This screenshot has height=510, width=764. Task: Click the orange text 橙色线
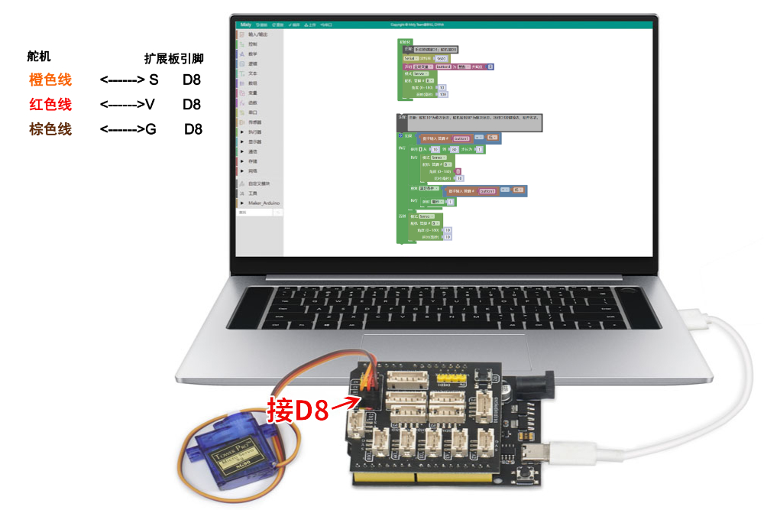[50, 79]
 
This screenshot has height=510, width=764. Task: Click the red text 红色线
[50, 104]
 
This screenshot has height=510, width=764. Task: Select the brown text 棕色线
[50, 129]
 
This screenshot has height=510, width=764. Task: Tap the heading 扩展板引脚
[174, 58]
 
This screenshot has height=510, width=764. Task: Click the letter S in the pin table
[154, 79]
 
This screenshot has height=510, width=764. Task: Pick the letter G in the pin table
[151, 129]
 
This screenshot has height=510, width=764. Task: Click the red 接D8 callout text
[297, 411]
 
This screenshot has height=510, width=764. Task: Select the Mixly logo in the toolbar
[246, 25]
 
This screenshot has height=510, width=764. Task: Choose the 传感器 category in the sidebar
[255, 122]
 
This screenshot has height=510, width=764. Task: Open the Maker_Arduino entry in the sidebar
[264, 203]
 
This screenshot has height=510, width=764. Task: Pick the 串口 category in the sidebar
[253, 112]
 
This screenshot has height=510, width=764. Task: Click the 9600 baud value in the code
[441, 58]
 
